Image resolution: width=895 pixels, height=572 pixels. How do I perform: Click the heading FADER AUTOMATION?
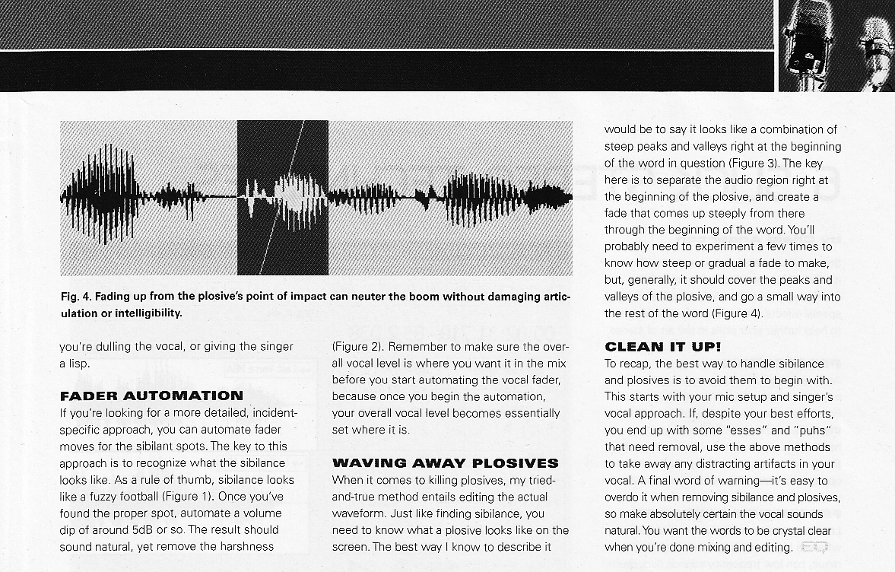[151, 396]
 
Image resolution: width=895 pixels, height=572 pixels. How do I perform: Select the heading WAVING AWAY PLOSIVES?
[445, 462]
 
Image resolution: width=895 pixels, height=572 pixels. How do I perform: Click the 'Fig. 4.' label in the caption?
[76, 296]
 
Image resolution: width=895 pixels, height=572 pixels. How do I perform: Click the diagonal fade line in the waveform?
[284, 197]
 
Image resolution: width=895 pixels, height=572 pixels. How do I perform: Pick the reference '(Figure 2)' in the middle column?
[360, 346]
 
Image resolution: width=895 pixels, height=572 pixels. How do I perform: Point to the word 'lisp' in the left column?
[78, 364]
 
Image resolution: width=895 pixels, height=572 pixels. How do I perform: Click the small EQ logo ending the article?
[815, 546]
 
